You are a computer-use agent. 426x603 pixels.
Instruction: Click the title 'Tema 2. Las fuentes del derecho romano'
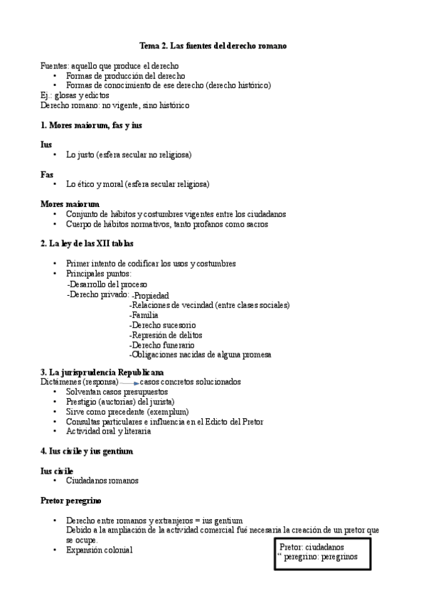[x=213, y=46]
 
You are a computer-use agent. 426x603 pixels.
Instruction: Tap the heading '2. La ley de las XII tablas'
[x=87, y=244]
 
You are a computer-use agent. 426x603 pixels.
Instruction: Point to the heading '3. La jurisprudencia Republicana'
[x=102, y=372]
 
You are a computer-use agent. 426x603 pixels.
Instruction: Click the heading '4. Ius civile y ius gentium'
[x=87, y=451]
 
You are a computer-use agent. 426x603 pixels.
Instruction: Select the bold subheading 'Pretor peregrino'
[x=71, y=501]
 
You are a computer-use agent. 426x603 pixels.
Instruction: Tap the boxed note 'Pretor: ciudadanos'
[x=312, y=547]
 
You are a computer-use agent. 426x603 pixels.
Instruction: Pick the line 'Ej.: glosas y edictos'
[x=75, y=95]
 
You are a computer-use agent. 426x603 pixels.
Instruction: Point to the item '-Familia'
[x=144, y=315]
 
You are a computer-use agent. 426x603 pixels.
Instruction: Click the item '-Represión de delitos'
[x=166, y=335]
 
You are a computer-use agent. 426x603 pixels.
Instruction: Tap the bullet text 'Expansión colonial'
[x=99, y=550]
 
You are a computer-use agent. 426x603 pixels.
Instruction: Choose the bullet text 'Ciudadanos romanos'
[x=102, y=481]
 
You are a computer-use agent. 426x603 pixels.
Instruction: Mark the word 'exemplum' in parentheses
[x=168, y=411]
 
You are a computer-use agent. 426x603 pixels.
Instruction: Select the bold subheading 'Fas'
[x=47, y=174]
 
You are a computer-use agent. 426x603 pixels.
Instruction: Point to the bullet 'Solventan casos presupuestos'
[x=117, y=392]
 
